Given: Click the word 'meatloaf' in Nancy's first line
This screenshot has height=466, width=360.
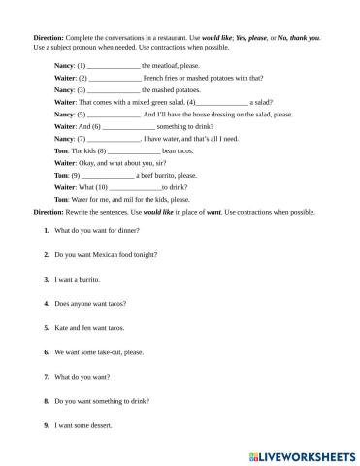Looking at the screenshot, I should click(x=167, y=64).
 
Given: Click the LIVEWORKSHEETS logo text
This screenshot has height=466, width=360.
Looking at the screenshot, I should click(x=300, y=454).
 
